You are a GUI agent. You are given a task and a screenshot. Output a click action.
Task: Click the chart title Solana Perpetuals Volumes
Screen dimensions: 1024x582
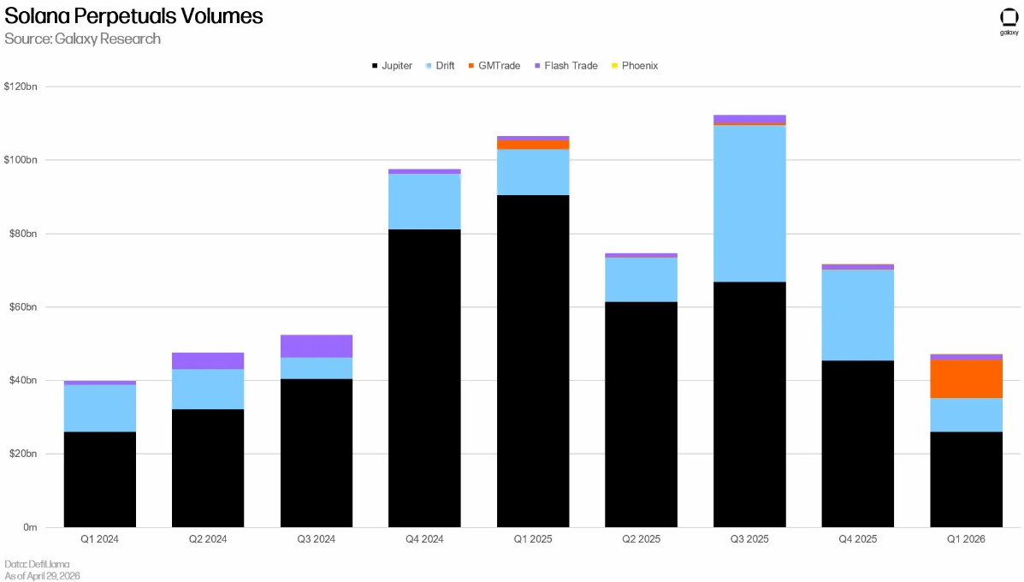click(x=133, y=15)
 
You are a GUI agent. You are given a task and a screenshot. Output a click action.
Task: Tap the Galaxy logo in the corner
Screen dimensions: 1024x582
click(x=1009, y=21)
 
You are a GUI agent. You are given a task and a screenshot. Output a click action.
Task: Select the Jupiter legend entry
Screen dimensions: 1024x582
click(x=392, y=65)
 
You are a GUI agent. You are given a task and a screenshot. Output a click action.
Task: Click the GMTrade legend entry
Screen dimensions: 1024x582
click(x=494, y=65)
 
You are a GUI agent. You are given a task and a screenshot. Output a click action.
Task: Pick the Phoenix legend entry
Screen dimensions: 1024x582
click(x=635, y=65)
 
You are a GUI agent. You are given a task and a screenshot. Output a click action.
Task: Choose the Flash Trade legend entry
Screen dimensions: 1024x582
click(x=566, y=65)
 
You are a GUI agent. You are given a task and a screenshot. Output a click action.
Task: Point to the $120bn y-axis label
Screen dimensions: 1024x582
click(x=21, y=86)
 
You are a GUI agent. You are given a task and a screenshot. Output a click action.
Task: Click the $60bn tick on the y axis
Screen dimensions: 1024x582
click(x=23, y=307)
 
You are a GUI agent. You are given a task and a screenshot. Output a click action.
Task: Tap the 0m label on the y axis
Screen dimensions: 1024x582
click(x=30, y=527)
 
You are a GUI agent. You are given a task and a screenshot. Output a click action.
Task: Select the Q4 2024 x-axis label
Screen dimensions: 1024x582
click(x=424, y=539)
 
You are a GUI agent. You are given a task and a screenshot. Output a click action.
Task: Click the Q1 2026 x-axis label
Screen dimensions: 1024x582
click(x=966, y=539)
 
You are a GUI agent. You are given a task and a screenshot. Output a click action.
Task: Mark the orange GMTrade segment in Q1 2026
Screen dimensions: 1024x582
click(x=966, y=379)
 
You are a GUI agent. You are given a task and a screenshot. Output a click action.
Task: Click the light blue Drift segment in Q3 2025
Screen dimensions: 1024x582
click(x=749, y=203)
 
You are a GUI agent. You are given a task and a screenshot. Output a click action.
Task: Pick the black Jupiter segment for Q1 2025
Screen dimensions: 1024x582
click(x=533, y=361)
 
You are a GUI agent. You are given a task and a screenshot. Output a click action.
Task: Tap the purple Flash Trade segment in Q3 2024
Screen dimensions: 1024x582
click(x=316, y=346)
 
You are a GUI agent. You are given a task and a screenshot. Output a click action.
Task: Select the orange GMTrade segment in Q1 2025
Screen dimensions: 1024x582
click(x=533, y=145)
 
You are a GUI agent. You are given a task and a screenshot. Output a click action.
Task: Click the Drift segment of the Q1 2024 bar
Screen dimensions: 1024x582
click(x=100, y=408)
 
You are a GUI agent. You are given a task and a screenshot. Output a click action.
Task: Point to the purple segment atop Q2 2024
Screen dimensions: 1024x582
click(x=208, y=361)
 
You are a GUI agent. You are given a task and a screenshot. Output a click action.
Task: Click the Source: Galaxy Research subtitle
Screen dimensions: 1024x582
click(x=82, y=39)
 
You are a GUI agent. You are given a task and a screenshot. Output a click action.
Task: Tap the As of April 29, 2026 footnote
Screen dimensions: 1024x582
click(x=43, y=575)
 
